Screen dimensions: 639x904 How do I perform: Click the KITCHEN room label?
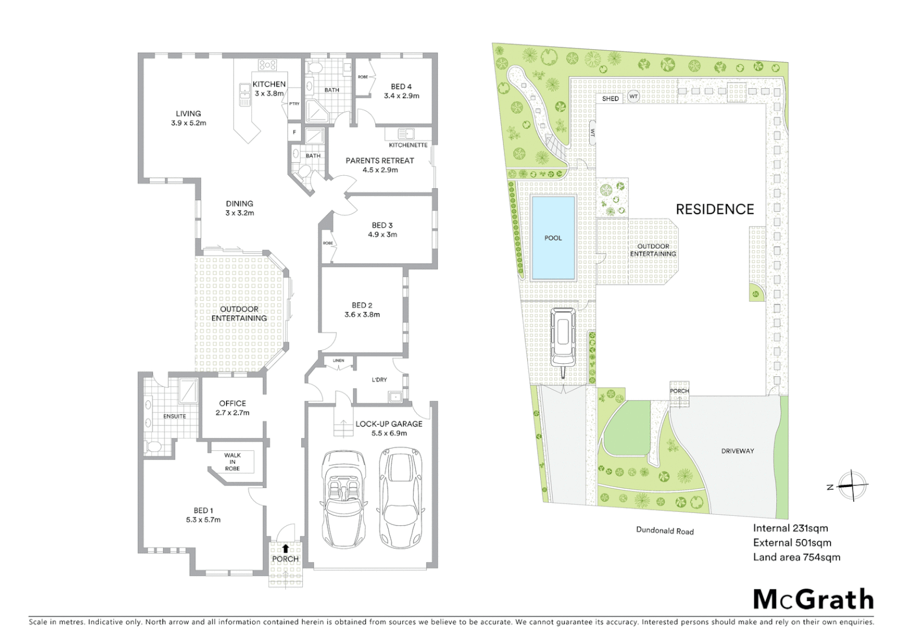point(269,85)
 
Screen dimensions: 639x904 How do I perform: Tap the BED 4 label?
point(401,86)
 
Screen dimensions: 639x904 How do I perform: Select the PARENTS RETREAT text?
point(380,160)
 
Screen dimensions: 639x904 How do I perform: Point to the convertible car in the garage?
point(343,499)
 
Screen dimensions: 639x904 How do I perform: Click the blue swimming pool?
point(553,238)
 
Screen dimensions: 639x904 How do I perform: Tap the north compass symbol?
point(852,486)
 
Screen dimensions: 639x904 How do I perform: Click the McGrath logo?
point(813,599)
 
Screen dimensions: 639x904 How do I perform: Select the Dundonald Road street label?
point(665,531)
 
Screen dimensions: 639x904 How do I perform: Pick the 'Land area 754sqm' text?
point(796,557)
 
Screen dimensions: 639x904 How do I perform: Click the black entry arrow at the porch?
point(286,548)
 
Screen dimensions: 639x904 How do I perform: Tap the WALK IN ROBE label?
point(233,461)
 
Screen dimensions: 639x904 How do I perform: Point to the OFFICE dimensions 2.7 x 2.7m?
point(233,413)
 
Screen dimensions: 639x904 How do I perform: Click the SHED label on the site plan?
point(610,99)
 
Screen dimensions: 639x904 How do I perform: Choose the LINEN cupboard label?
point(338,360)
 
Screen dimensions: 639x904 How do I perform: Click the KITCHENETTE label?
point(408,145)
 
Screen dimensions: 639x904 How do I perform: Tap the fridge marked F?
point(294,132)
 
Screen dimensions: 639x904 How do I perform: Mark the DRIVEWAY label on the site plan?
point(738,451)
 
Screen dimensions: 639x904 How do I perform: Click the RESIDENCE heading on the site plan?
point(715,209)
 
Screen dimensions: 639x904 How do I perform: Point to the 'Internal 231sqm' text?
point(790,528)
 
